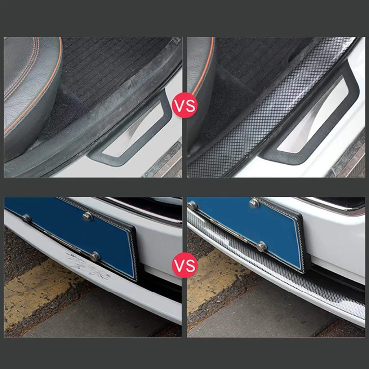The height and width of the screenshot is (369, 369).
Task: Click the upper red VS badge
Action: (185, 105)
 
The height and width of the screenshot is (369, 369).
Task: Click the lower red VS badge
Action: (185, 265)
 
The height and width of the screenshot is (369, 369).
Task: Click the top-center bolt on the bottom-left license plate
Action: (88, 216)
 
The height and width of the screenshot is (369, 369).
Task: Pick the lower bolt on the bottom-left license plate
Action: (95, 256)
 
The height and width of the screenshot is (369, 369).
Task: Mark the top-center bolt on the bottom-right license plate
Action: (254, 203)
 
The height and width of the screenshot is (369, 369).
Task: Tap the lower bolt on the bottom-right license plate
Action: (262, 246)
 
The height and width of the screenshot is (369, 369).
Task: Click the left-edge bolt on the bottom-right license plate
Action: (192, 205)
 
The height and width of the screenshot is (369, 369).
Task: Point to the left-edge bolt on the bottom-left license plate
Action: (26, 218)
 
